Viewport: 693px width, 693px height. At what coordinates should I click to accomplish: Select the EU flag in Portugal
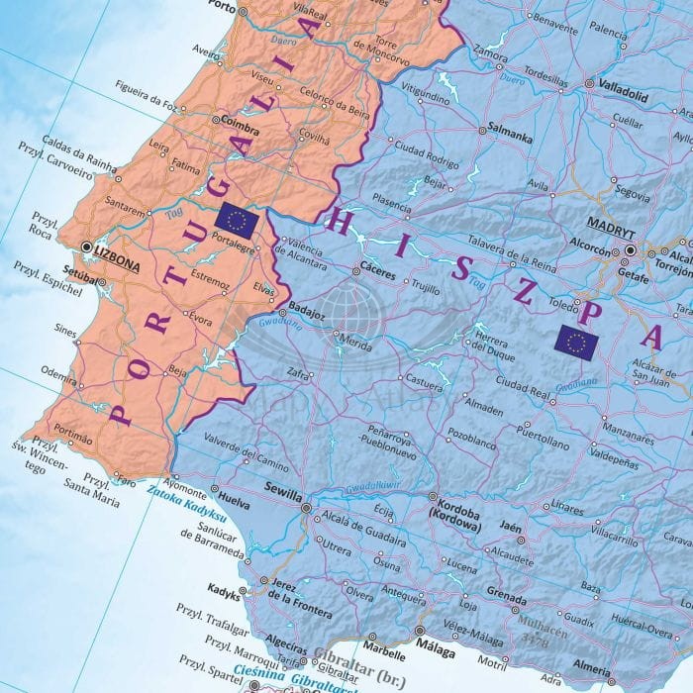coord(237,219)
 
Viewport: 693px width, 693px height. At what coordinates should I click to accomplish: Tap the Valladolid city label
coord(623,85)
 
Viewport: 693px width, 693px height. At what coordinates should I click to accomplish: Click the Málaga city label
coord(437,651)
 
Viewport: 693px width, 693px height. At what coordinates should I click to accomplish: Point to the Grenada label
coord(507,598)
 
